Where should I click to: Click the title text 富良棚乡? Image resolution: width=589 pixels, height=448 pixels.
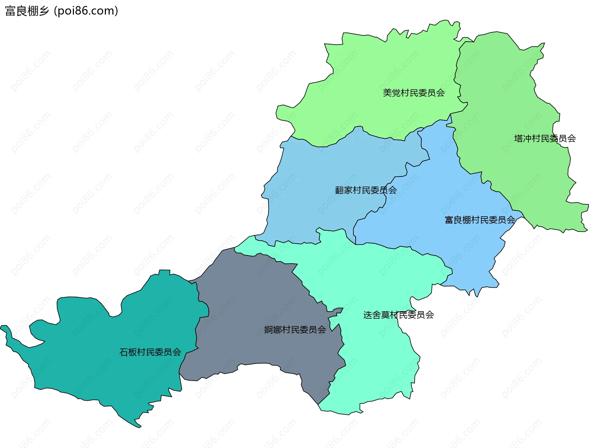(x=27, y=11)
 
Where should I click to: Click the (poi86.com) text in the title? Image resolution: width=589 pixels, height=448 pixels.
(x=86, y=11)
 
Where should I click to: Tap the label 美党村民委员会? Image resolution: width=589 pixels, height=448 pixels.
(x=414, y=93)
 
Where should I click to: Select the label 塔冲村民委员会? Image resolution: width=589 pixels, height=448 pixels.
(x=545, y=139)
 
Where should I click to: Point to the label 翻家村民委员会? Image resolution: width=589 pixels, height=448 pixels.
(x=366, y=190)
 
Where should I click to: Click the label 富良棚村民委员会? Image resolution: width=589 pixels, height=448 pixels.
(x=480, y=220)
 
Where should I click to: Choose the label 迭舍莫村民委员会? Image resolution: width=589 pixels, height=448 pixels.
(x=398, y=315)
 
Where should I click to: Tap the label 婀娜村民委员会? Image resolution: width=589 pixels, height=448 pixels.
(x=295, y=330)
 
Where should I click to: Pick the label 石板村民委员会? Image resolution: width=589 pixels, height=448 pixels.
(x=150, y=352)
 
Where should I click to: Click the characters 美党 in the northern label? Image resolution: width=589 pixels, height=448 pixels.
(x=392, y=93)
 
